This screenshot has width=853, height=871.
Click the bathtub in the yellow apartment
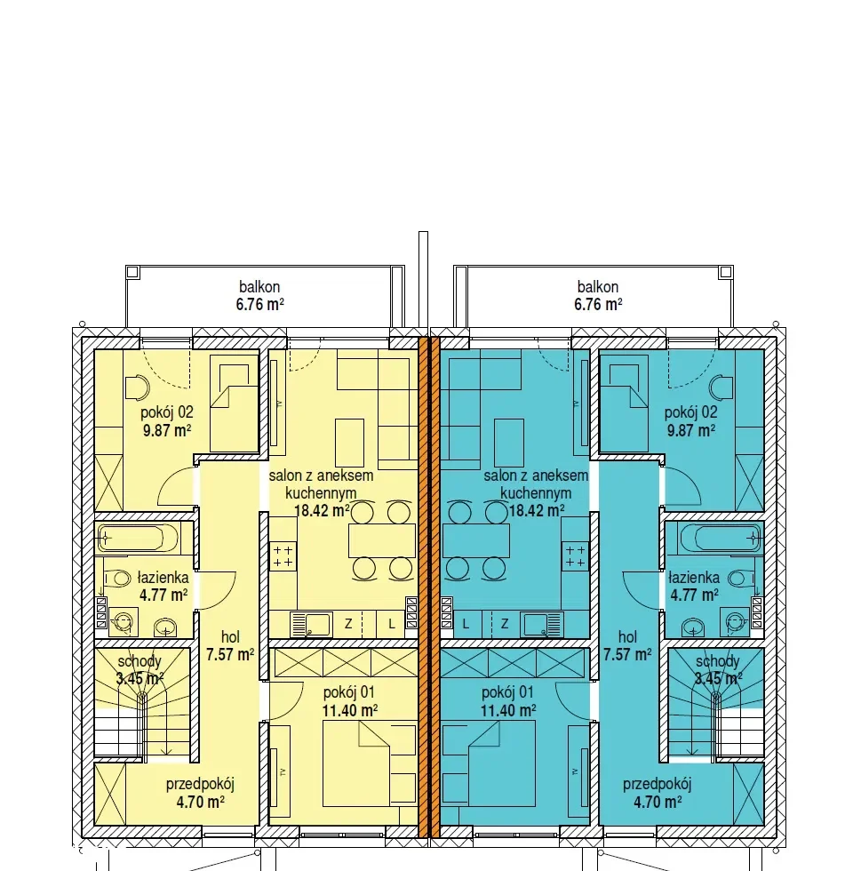[x=138, y=538]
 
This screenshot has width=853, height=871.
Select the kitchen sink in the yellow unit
[x=312, y=624]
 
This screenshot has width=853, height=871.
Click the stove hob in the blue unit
[x=575, y=556]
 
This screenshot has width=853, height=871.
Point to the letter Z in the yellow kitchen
[x=348, y=624]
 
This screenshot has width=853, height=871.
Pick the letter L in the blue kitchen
[x=466, y=624]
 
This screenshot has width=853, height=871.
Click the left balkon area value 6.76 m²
[x=259, y=304]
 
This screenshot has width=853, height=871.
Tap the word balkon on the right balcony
[x=597, y=286]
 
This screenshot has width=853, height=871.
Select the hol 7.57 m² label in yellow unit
[x=230, y=645]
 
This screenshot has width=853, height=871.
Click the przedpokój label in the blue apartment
[x=657, y=784]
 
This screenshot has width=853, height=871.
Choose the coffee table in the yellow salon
[x=349, y=443]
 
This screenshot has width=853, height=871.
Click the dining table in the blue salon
[x=476, y=540]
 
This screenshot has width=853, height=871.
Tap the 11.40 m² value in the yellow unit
[x=350, y=710]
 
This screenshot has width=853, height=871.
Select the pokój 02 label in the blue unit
[x=690, y=412]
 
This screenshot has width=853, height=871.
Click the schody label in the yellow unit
[x=140, y=661]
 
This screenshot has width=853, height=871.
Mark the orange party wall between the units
[x=428, y=587]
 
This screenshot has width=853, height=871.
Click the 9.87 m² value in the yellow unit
[x=167, y=430]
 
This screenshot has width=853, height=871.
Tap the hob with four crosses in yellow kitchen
[x=283, y=556]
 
